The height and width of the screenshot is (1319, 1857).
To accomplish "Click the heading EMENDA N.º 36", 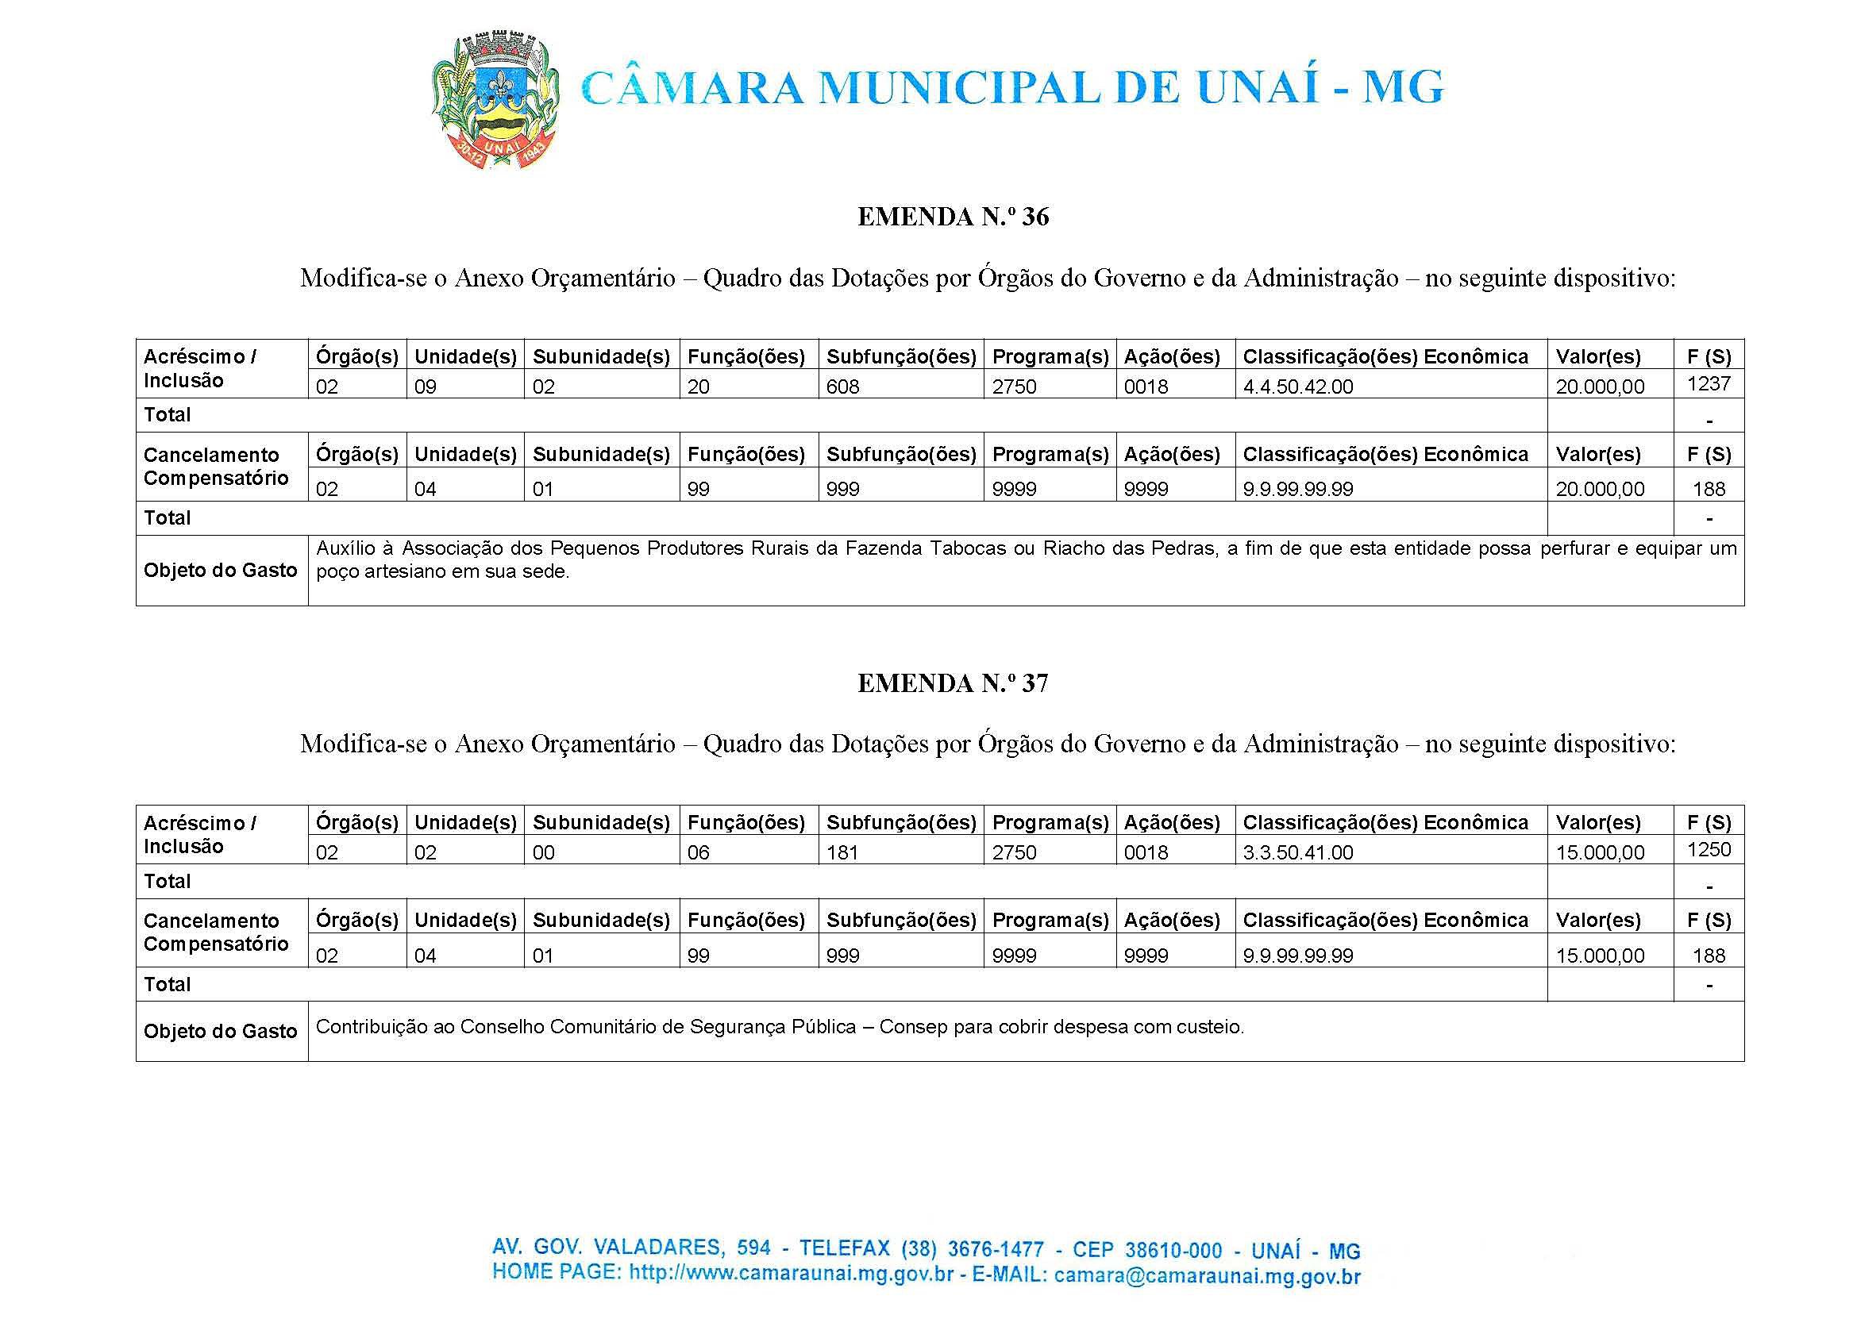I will pyautogui.click(x=953, y=217).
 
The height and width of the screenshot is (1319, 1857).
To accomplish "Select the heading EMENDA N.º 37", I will pyautogui.click(x=953, y=683).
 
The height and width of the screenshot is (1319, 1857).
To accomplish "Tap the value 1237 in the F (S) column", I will pyautogui.click(x=1709, y=383).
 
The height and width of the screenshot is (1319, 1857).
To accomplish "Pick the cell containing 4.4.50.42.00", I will pyautogui.click(x=1298, y=386).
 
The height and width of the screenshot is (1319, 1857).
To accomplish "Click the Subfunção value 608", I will pyautogui.click(x=842, y=386).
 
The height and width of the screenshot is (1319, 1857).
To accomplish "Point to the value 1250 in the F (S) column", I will pyautogui.click(x=1709, y=849).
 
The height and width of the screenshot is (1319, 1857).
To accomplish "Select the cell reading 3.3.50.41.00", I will pyautogui.click(x=1298, y=853).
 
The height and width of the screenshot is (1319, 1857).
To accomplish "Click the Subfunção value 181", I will pyautogui.click(x=842, y=853).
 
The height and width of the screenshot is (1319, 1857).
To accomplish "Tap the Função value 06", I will pyautogui.click(x=699, y=853).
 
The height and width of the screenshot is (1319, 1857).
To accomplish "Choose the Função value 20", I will pyautogui.click(x=699, y=386).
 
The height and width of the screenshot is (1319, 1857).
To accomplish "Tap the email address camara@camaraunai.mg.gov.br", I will pyautogui.click(x=1207, y=1276).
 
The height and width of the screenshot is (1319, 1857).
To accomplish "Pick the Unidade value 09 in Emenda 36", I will pyautogui.click(x=425, y=386).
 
